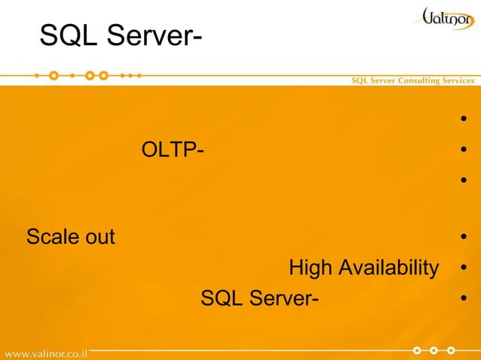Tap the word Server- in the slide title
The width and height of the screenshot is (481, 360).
point(155,34)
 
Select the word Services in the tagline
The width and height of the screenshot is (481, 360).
point(458,81)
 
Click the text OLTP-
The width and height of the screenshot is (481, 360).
point(172,151)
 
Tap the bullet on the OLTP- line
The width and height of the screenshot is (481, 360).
point(464,151)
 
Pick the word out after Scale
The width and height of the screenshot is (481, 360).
point(100,237)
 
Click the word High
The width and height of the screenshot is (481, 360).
point(311,267)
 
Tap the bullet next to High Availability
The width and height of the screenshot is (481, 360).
point(464,269)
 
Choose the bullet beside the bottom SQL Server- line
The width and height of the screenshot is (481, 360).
point(464,301)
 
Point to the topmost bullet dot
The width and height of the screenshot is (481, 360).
point(464,119)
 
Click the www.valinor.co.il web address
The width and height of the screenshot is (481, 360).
point(46,352)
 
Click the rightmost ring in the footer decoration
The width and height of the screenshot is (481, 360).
point(451,350)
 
